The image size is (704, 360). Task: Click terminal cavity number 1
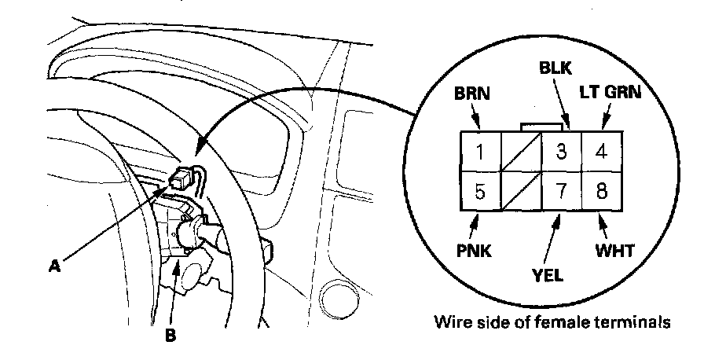(x=481, y=152)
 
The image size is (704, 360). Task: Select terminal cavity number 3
(x=561, y=152)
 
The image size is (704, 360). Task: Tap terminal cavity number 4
(x=601, y=152)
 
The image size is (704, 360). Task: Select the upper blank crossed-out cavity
(x=521, y=152)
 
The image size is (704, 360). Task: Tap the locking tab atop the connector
(x=541, y=127)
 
